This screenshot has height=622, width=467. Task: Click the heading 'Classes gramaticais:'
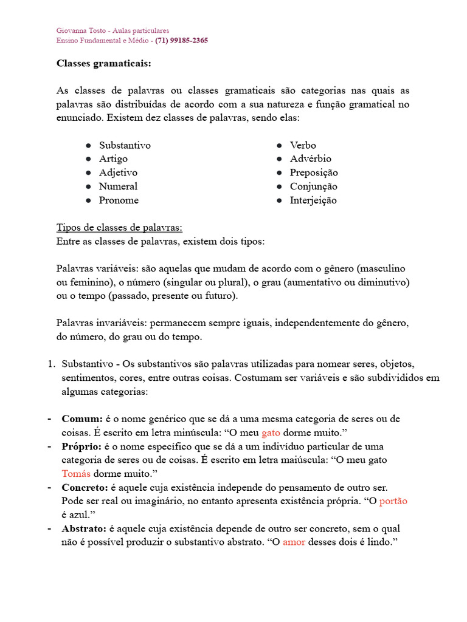[104, 63]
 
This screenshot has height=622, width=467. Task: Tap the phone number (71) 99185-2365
[181, 41]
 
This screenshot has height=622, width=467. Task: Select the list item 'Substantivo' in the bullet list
[125, 145]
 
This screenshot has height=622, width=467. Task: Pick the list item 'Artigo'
[113, 159]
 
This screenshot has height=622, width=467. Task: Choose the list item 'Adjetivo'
[118, 173]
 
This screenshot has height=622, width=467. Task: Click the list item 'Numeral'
[118, 186]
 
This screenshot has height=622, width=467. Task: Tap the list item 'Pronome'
[119, 200]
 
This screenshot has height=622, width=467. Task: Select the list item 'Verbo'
[303, 145]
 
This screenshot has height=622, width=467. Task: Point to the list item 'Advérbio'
[311, 159]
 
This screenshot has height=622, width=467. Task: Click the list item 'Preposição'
[314, 173]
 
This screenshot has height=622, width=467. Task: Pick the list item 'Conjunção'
[313, 186]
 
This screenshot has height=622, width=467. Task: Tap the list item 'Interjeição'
[313, 200]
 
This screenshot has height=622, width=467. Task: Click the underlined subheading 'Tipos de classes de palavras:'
[119, 228]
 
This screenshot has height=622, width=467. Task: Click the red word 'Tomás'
[77, 474]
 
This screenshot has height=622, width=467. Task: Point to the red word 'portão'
[393, 501]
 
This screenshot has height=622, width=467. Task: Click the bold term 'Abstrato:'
[84, 529]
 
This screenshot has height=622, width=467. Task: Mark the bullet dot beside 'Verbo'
[279, 146]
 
